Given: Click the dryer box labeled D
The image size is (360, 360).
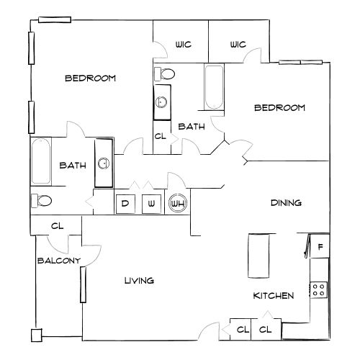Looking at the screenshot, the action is tap(125, 204).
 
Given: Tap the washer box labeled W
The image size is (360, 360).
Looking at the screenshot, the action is tap(151, 204).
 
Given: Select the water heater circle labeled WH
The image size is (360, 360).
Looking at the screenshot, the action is tap(178, 204).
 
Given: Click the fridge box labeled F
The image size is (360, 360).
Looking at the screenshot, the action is tap(320, 246).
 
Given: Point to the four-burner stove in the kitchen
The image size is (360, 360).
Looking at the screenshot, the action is tap(319, 290).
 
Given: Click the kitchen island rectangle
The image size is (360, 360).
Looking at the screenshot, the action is tap(258, 256).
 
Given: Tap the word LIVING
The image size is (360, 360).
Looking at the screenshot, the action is tap(139, 281).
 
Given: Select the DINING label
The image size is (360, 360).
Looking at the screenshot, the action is tap(286, 203).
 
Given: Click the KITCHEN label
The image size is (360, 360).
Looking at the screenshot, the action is tap(274, 296).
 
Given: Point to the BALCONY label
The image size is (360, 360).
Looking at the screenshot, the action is tap(59, 261).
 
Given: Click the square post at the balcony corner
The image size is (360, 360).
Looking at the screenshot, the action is tap(37, 335).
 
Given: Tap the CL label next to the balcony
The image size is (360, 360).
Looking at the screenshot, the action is tap(58, 226).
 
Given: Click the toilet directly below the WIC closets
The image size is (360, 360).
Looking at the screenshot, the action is tap(165, 74).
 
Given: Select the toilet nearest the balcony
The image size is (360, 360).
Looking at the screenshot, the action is tap(42, 201).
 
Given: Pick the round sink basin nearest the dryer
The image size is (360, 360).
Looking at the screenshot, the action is tap(104, 163).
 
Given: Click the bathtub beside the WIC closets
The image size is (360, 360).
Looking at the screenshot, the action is tap(214, 87).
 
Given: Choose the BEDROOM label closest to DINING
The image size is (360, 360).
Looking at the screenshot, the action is tap(279, 108).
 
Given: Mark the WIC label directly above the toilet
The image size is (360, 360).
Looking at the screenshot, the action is tap(184, 45).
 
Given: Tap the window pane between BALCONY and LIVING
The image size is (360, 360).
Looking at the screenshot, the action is tap(84, 285).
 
